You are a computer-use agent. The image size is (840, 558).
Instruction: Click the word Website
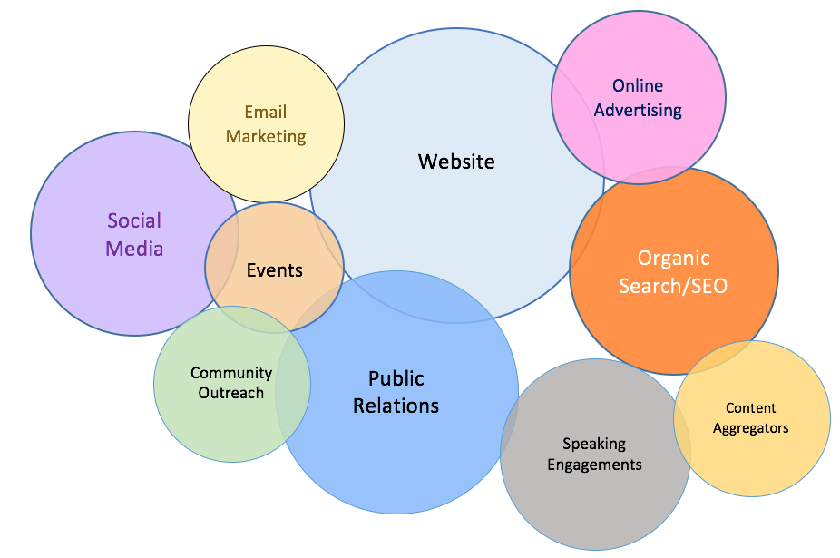[456, 162]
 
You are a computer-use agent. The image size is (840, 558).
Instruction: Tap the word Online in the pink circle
[638, 86]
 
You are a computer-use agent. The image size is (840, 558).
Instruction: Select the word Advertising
[638, 111]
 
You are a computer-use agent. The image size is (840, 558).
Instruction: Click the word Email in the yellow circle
[266, 113]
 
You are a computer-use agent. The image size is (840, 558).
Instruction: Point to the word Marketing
[266, 137]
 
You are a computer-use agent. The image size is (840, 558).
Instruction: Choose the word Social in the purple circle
[134, 220]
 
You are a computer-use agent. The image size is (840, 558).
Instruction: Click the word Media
[134, 248]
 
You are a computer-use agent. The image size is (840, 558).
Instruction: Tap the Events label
[275, 270]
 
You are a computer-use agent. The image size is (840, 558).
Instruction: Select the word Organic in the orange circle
[673, 259]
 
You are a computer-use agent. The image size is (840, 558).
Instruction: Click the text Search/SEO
[673, 286]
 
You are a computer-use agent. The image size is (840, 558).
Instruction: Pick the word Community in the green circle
[231, 373]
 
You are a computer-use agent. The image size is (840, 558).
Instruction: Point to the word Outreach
[231, 393]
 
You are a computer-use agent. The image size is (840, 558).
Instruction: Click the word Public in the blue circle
[396, 378]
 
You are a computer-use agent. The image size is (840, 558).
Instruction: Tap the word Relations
[396, 406]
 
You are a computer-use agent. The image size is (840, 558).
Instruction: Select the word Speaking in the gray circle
[594, 444]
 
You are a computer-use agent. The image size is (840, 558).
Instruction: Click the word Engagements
[595, 465]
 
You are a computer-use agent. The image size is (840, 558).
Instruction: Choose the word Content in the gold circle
[751, 408]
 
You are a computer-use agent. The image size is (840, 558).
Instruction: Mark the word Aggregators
[751, 428]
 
